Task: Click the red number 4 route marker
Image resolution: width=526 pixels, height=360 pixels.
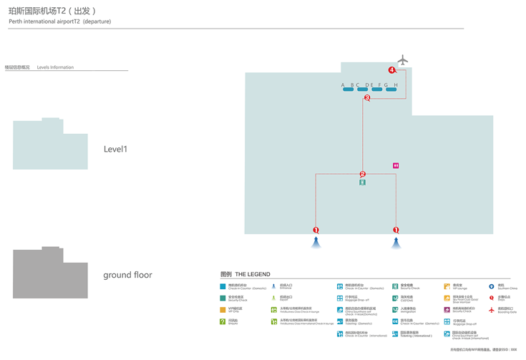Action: [391, 70]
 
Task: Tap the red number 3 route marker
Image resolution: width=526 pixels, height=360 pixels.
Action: [367, 98]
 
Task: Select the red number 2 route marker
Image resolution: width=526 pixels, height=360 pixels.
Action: [362, 174]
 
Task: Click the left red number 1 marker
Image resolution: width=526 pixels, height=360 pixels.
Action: [316, 230]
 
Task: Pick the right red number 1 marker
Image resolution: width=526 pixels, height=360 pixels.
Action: [396, 230]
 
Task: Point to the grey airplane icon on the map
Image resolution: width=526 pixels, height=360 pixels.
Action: [404, 61]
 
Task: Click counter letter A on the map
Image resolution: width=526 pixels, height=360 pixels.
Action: [344, 85]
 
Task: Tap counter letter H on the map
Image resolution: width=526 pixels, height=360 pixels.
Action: [396, 85]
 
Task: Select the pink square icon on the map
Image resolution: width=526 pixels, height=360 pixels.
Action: [395, 165]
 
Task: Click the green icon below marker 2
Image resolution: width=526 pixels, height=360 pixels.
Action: [363, 183]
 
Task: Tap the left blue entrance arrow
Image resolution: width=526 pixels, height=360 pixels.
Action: [316, 243]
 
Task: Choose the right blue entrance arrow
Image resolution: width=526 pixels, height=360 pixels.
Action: [396, 243]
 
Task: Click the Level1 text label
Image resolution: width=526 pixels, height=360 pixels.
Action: [115, 150]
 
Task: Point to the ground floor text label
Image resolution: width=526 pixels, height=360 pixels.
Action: [127, 275]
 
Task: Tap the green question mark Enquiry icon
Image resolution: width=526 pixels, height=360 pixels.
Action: [223, 321]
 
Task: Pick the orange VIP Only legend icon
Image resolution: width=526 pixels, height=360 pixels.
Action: [223, 310]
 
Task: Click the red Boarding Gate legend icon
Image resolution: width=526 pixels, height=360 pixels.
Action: [492, 310]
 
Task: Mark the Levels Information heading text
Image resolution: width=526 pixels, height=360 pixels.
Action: [55, 67]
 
